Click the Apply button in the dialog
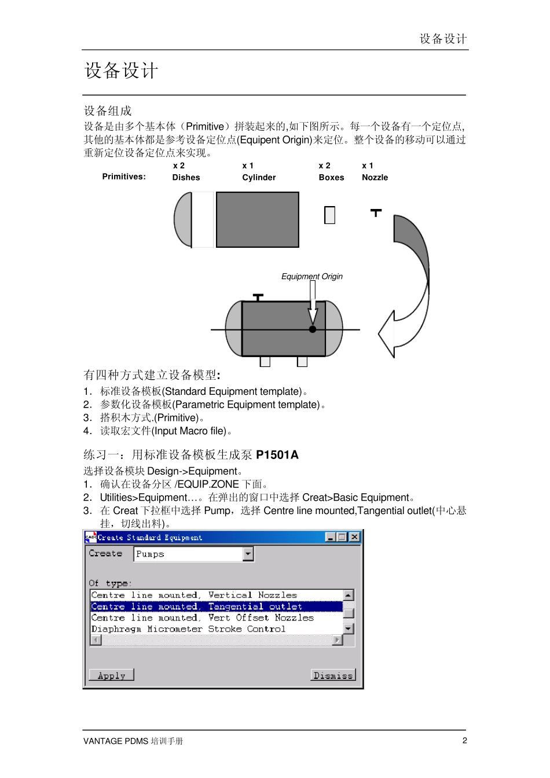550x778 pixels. click(111, 675)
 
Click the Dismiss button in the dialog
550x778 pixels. click(333, 675)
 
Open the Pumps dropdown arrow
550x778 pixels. click(248, 554)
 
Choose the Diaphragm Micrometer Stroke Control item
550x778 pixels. click(188, 629)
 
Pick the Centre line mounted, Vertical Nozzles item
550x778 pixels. click(194, 595)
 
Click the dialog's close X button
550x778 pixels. click(354, 537)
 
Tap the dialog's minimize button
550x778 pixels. click(331, 537)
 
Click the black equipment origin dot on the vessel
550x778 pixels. click(313, 329)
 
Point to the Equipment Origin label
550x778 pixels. click(311, 277)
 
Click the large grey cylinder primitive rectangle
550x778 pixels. click(258, 220)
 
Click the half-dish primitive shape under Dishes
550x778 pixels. click(184, 220)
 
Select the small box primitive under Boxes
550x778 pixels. click(330, 215)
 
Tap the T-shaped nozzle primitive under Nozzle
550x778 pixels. click(376, 213)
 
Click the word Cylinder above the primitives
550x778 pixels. click(259, 178)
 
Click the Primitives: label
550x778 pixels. click(124, 177)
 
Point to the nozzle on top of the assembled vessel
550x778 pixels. click(258, 298)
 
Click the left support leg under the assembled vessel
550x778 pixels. click(265, 361)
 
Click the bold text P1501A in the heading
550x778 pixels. click(277, 455)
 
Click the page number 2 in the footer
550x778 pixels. click(464, 740)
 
